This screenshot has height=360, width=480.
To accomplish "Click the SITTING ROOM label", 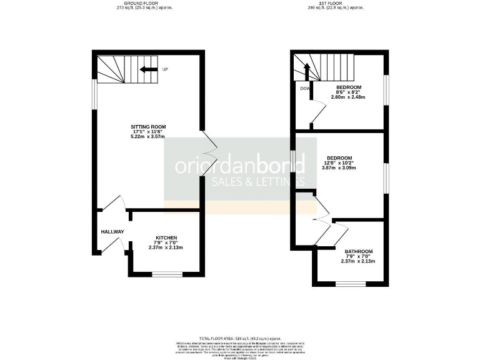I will pos(147,126).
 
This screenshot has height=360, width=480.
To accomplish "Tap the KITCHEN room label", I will pos(166,237).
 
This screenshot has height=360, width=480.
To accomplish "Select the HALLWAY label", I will pos(112,232).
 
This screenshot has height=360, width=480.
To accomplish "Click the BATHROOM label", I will pos(359,251).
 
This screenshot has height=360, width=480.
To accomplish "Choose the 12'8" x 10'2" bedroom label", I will pos(339,157).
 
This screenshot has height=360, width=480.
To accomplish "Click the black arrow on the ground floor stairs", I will pos(147,69).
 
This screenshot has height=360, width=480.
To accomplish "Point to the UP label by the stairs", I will pos(165,69).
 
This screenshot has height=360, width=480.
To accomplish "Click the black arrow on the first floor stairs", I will pos(307,70).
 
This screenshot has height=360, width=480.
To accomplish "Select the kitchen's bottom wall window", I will pos(167,274).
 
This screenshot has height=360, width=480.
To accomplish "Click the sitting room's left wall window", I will pos(94,97).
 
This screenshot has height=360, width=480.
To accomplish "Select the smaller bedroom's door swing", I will pos(317,114).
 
